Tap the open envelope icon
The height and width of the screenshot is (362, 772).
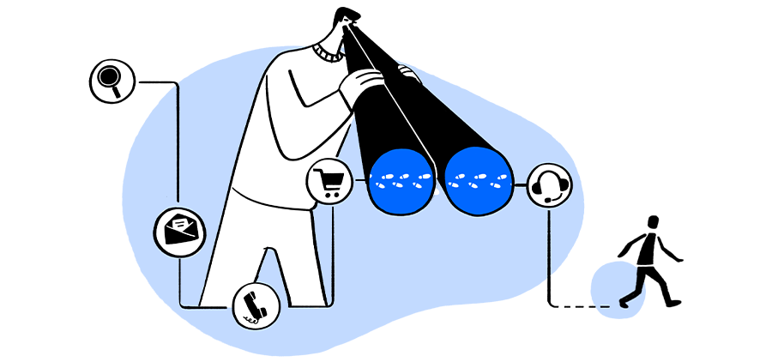[180, 229]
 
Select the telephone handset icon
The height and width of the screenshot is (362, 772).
[255, 305]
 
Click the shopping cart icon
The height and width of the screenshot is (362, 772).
[329, 183]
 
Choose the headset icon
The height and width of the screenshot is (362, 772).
[548, 184]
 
